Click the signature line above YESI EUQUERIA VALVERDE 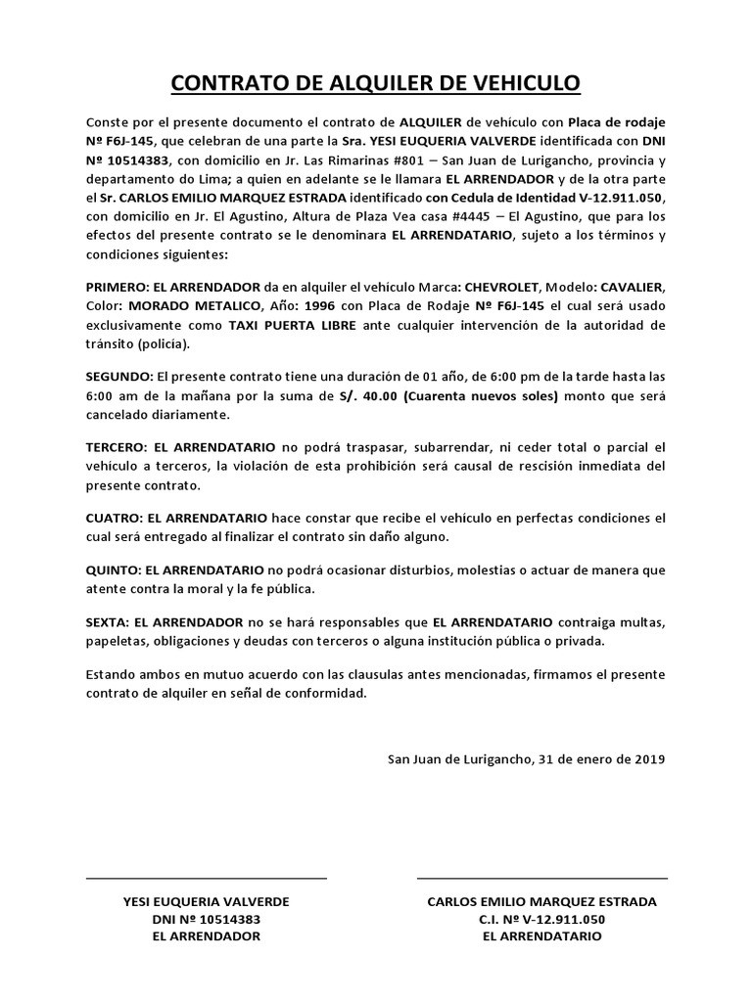point(207,878)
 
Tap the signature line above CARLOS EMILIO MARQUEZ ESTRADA point(542,878)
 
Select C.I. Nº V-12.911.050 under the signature point(542,919)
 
